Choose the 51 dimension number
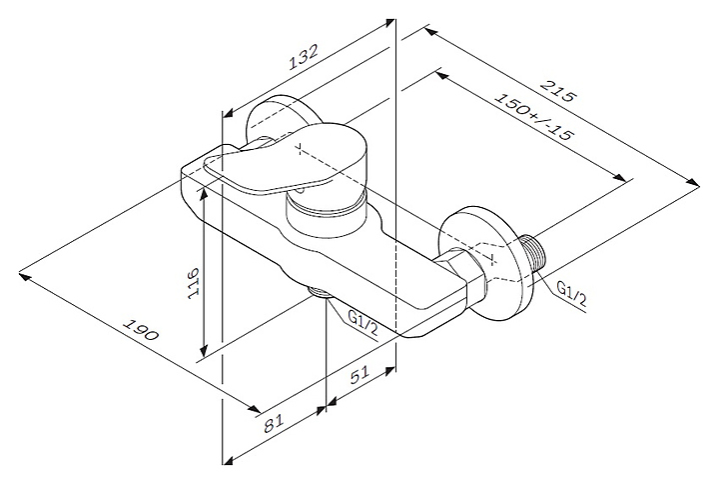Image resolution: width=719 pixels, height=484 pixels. pos(360,381)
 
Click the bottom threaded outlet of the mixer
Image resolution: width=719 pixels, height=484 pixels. pos(321,293)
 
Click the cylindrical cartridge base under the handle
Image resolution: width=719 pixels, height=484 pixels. pos(323,208)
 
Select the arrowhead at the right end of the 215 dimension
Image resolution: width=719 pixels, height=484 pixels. pos(695,181)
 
